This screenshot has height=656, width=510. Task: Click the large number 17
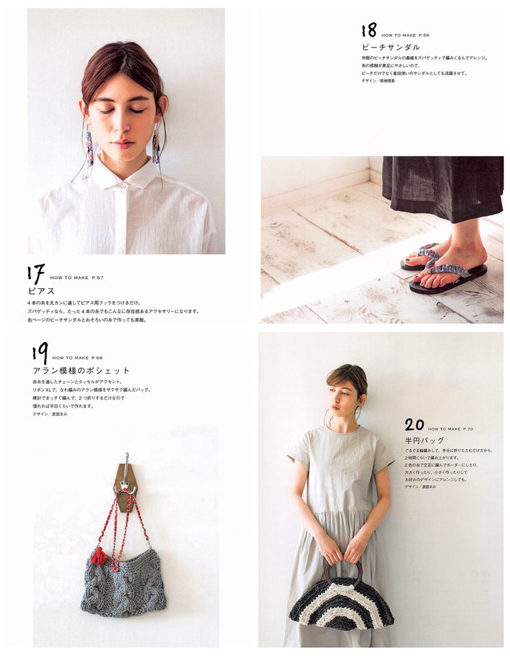tap(36, 274)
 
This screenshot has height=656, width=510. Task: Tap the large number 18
tap(369, 30)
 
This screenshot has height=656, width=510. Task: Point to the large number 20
tap(414, 425)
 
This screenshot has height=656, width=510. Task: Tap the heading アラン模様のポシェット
tap(81, 371)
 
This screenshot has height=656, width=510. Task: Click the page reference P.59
tap(421, 35)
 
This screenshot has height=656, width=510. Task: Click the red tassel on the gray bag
tap(98, 556)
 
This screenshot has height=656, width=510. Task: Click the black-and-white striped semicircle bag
tap(341, 606)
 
